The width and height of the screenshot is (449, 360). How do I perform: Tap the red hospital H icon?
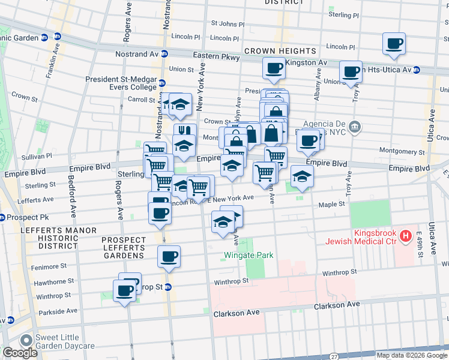[406, 235]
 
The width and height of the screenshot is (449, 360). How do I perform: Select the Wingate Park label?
[249, 255]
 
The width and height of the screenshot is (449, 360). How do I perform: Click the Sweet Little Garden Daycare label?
[65, 341]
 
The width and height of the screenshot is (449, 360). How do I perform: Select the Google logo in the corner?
[19, 353]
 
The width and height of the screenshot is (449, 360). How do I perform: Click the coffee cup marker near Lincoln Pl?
[394, 43]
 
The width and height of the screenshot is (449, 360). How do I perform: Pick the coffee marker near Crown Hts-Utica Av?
[351, 72]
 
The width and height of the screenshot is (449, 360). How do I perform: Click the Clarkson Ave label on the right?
[337, 305]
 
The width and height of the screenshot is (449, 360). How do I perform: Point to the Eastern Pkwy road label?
[216, 57]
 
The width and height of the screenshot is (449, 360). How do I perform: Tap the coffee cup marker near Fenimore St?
[169, 256]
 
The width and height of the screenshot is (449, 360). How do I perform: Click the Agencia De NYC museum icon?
[355, 126]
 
